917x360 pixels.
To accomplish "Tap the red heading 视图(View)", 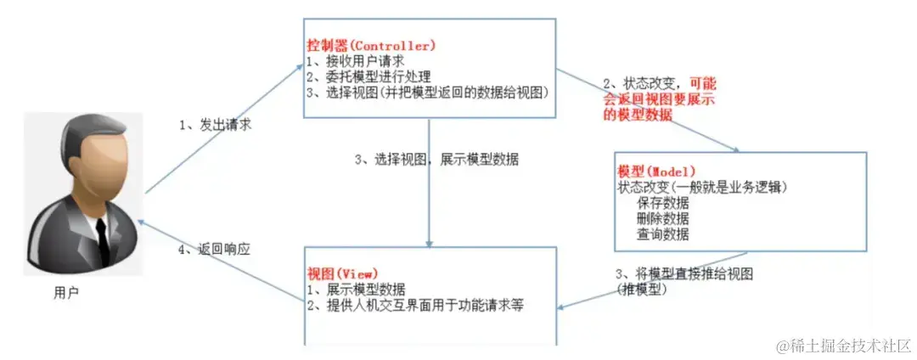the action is (344, 273).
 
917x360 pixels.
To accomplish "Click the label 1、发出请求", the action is (216, 125).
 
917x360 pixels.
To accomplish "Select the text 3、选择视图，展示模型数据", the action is (437, 160).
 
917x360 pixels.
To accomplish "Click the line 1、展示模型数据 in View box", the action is (357, 290).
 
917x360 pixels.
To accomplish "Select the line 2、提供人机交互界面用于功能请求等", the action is (414, 305).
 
